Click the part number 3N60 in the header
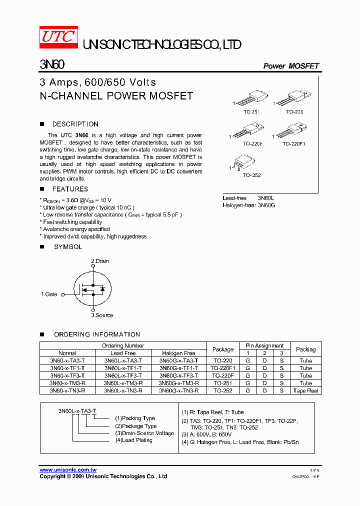pos(51,65)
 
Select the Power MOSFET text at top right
pos(291,66)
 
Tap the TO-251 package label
pos(251,112)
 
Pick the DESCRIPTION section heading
pos(75,124)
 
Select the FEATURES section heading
pos(70,189)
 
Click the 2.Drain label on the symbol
pos(100,261)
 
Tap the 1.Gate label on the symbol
pos(49,294)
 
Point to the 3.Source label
pos(102,315)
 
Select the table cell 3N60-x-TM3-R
pos(67,383)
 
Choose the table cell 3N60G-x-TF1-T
pos(178,368)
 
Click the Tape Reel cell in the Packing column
pos(306,390)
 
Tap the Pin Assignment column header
pos(264,345)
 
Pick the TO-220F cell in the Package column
pos(223,375)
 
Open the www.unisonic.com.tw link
pos(68,470)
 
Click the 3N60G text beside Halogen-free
pos(266,205)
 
